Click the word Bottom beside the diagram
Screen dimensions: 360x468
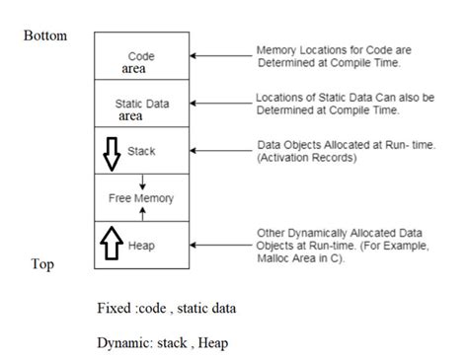pyautogui.click(x=45, y=36)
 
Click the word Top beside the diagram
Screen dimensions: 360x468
pyautogui.click(x=41, y=265)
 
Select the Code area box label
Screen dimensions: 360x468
pyautogui.click(x=141, y=63)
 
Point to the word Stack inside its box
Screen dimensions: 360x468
pyautogui.click(x=141, y=152)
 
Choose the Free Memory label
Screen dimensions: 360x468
pyautogui.click(x=141, y=198)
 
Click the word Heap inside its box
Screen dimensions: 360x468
pyautogui.click(x=141, y=243)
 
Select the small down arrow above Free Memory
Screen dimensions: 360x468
pyautogui.click(x=142, y=179)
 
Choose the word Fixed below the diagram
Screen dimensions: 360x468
pyautogui.click(x=112, y=308)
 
